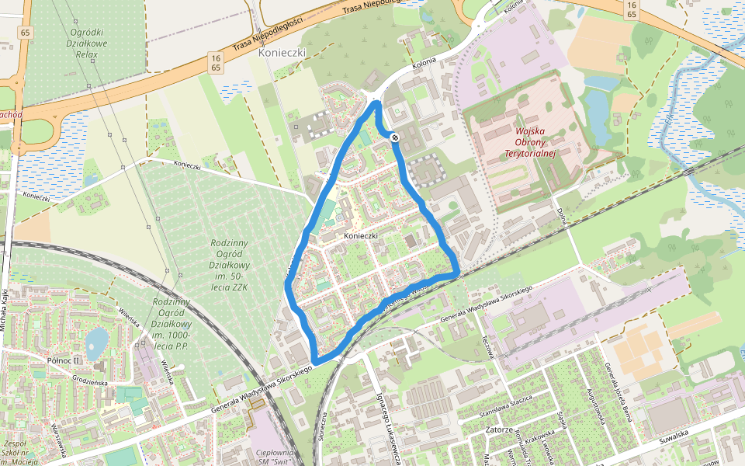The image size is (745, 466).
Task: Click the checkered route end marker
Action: tap(395, 137)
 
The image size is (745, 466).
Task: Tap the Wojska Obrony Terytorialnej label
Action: tap(532, 143)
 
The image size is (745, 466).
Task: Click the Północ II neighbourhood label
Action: tap(64, 360)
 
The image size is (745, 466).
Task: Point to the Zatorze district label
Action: tap(496, 429)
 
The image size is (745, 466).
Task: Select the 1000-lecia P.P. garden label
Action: tap(172, 324)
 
